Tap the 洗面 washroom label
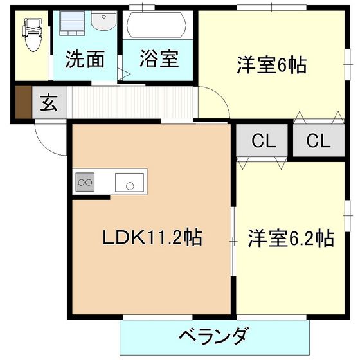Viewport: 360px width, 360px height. (x=85, y=60)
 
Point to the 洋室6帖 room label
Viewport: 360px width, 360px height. (x=271, y=65)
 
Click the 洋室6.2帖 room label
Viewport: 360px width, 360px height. (x=291, y=238)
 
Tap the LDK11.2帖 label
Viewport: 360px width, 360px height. (x=152, y=238)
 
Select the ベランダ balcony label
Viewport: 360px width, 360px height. (x=213, y=336)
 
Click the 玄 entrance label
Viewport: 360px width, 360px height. (x=48, y=103)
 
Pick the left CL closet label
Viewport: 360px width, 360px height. (x=264, y=141)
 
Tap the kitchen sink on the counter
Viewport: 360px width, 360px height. (x=130, y=183)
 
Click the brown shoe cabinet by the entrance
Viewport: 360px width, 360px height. (x=22, y=102)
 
